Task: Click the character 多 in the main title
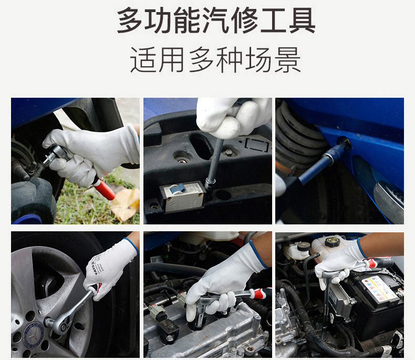[129, 20]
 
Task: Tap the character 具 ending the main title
[302, 20]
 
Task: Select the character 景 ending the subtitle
[287, 60]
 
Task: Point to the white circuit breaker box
[182, 196]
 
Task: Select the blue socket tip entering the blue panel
[338, 150]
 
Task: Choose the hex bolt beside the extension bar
[229, 152]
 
